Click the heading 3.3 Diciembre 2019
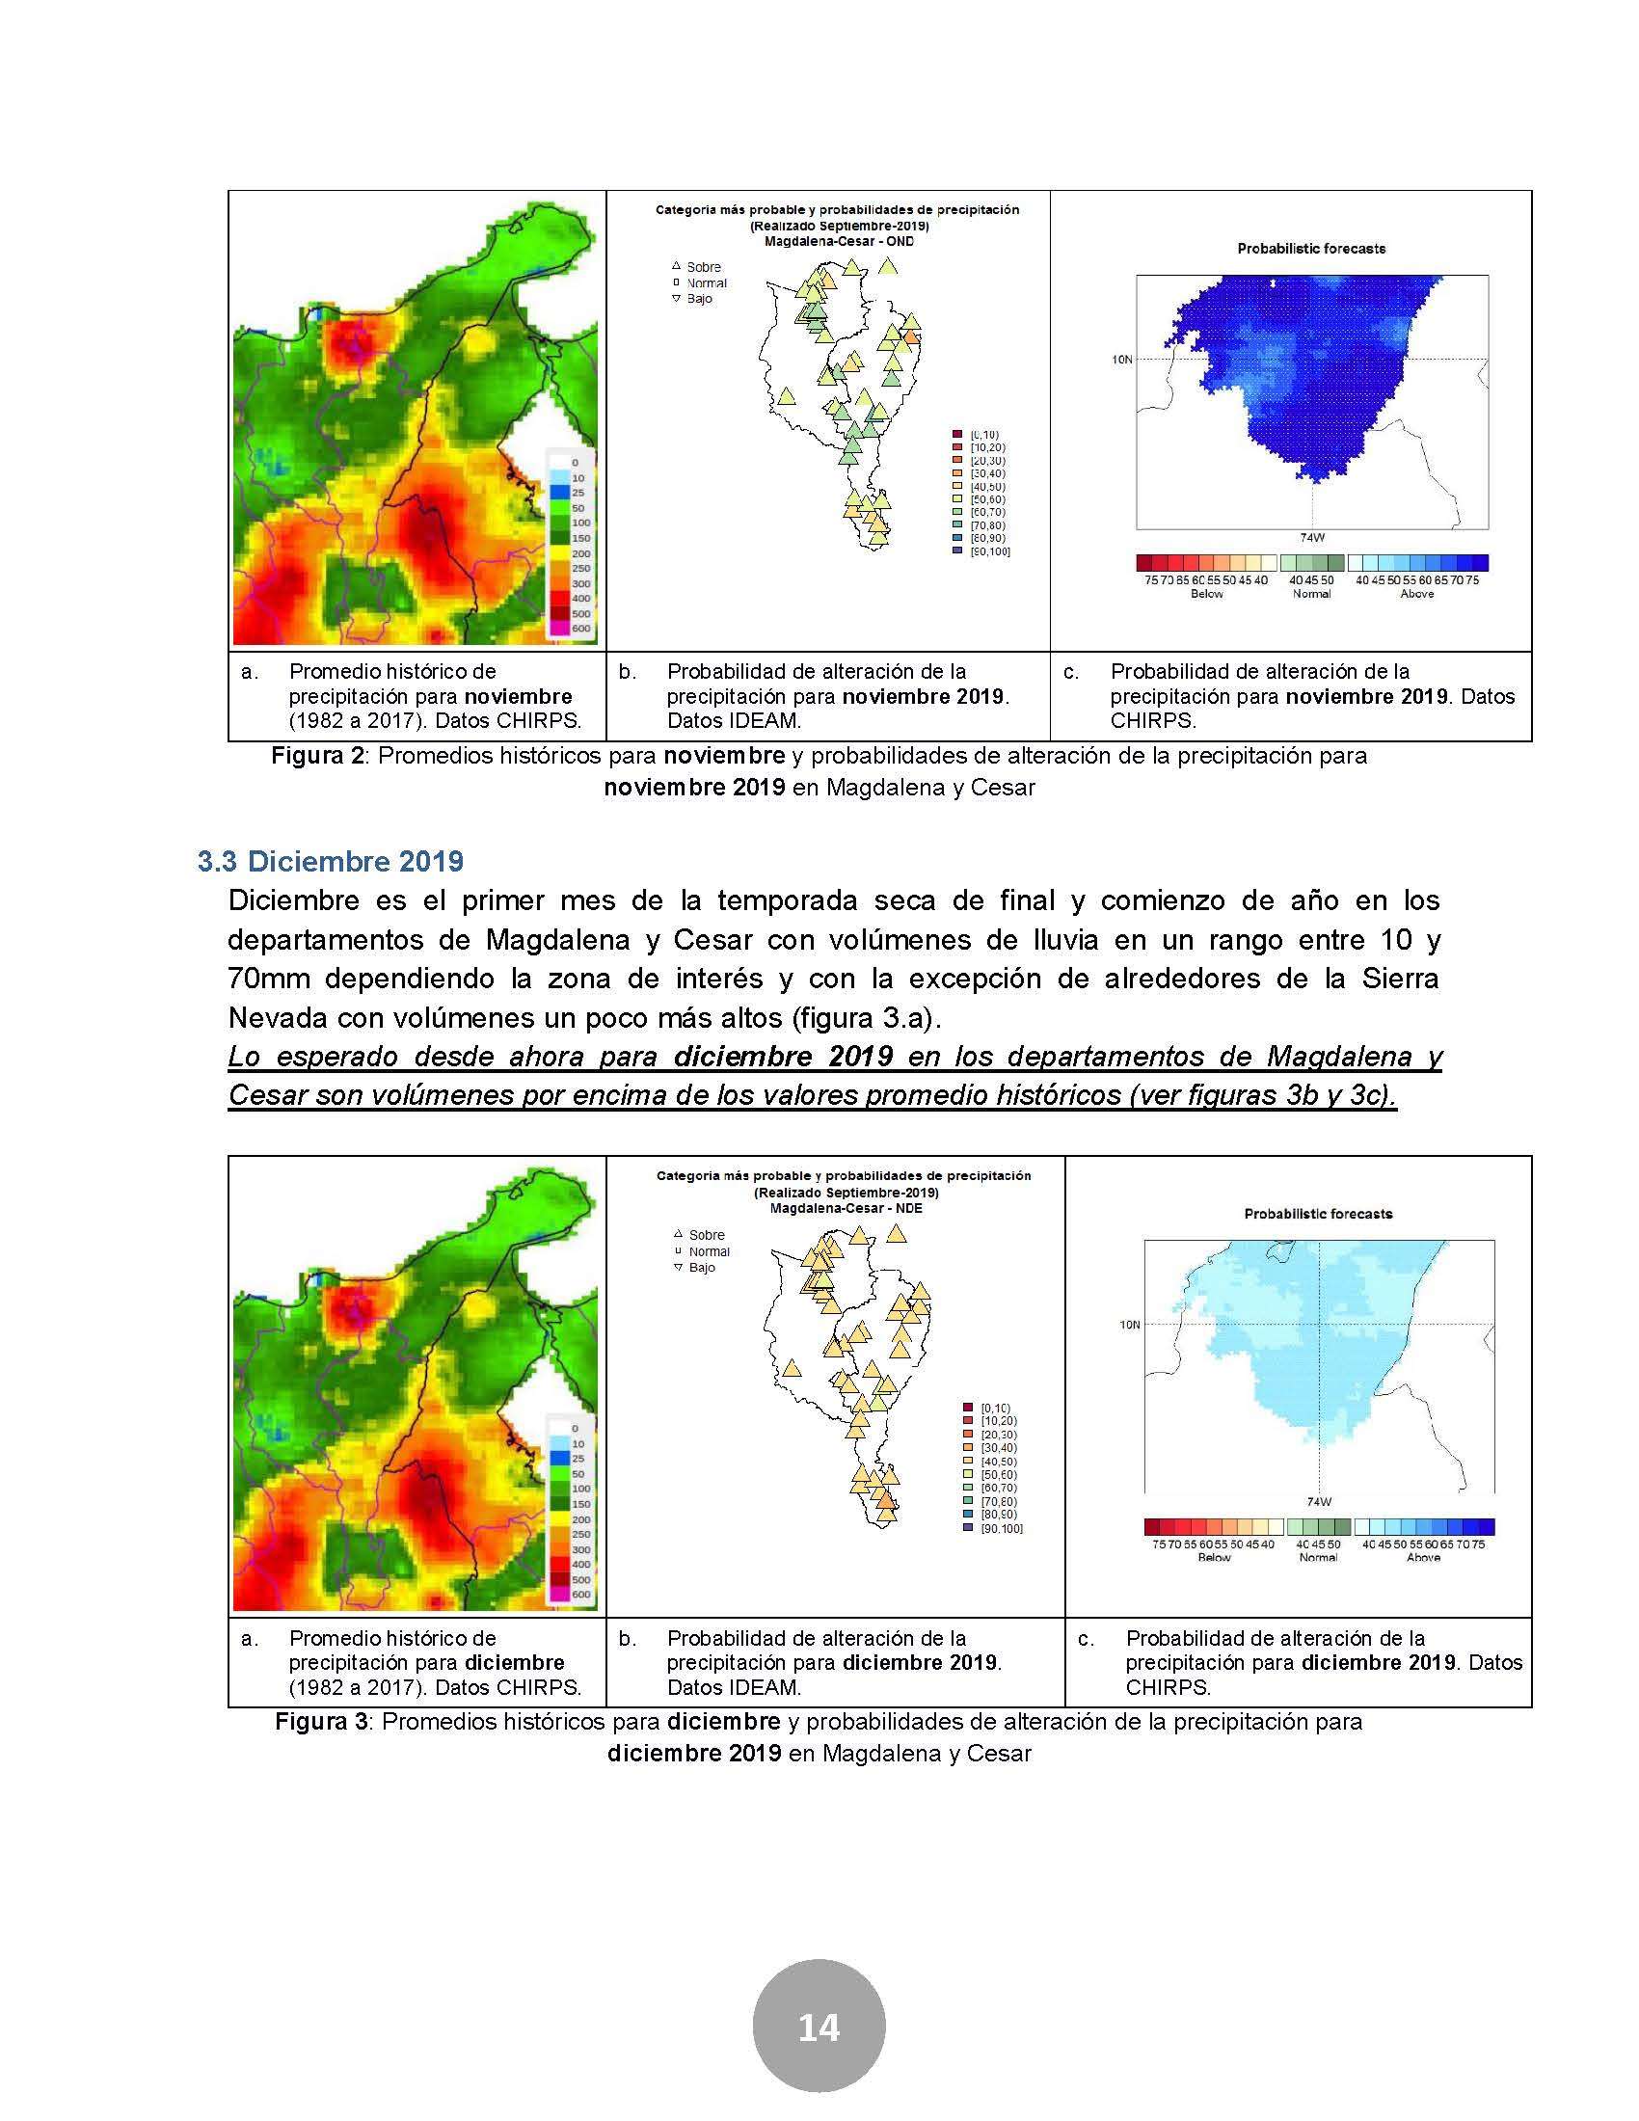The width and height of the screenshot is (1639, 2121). [x=330, y=861]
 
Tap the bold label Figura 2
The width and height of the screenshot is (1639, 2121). [x=317, y=756]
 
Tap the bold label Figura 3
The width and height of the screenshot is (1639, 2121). [x=321, y=1722]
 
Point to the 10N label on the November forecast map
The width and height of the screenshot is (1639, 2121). [x=1121, y=360]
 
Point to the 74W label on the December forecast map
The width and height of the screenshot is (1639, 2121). [x=1319, y=1501]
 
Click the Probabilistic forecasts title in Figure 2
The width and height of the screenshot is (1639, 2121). [x=1311, y=249]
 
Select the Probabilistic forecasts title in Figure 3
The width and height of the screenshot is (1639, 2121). [x=1318, y=1214]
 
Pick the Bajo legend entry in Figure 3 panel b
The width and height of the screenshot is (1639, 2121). [x=701, y=1268]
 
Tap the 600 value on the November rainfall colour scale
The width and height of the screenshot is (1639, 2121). [x=579, y=629]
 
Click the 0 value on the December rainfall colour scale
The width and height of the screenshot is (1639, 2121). [x=574, y=1428]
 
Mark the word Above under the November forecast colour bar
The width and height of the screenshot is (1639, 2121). [x=1416, y=594]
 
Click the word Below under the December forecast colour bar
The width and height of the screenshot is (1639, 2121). [x=1214, y=1558]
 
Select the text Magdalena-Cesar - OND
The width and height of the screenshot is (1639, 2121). [x=838, y=241]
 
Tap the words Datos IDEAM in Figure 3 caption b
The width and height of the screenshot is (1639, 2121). [x=733, y=1688]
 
